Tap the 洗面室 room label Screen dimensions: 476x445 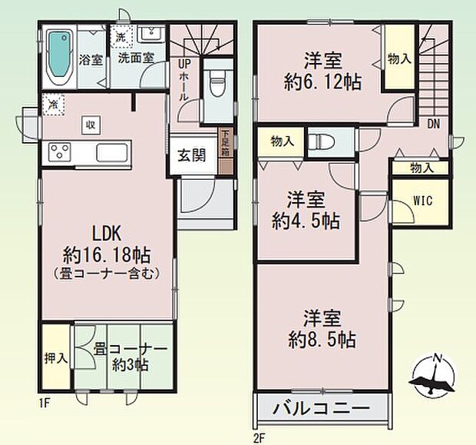(136, 58)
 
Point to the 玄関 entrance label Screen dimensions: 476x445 (192, 155)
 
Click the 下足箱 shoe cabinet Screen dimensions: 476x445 (226, 151)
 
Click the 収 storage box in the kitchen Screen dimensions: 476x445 (91, 125)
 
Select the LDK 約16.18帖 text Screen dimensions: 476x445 (107, 244)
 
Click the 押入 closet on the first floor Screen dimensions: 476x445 (56, 357)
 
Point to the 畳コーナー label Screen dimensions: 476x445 (131, 349)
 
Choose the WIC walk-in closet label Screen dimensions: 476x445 (423, 201)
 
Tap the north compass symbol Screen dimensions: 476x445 (433, 375)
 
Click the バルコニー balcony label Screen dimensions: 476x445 (322, 408)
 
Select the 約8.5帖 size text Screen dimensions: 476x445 (322, 340)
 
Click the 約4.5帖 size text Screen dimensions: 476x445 (306, 221)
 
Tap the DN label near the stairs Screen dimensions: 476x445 (434, 124)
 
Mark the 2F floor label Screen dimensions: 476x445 (259, 439)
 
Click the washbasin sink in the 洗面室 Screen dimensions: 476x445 (151, 34)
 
